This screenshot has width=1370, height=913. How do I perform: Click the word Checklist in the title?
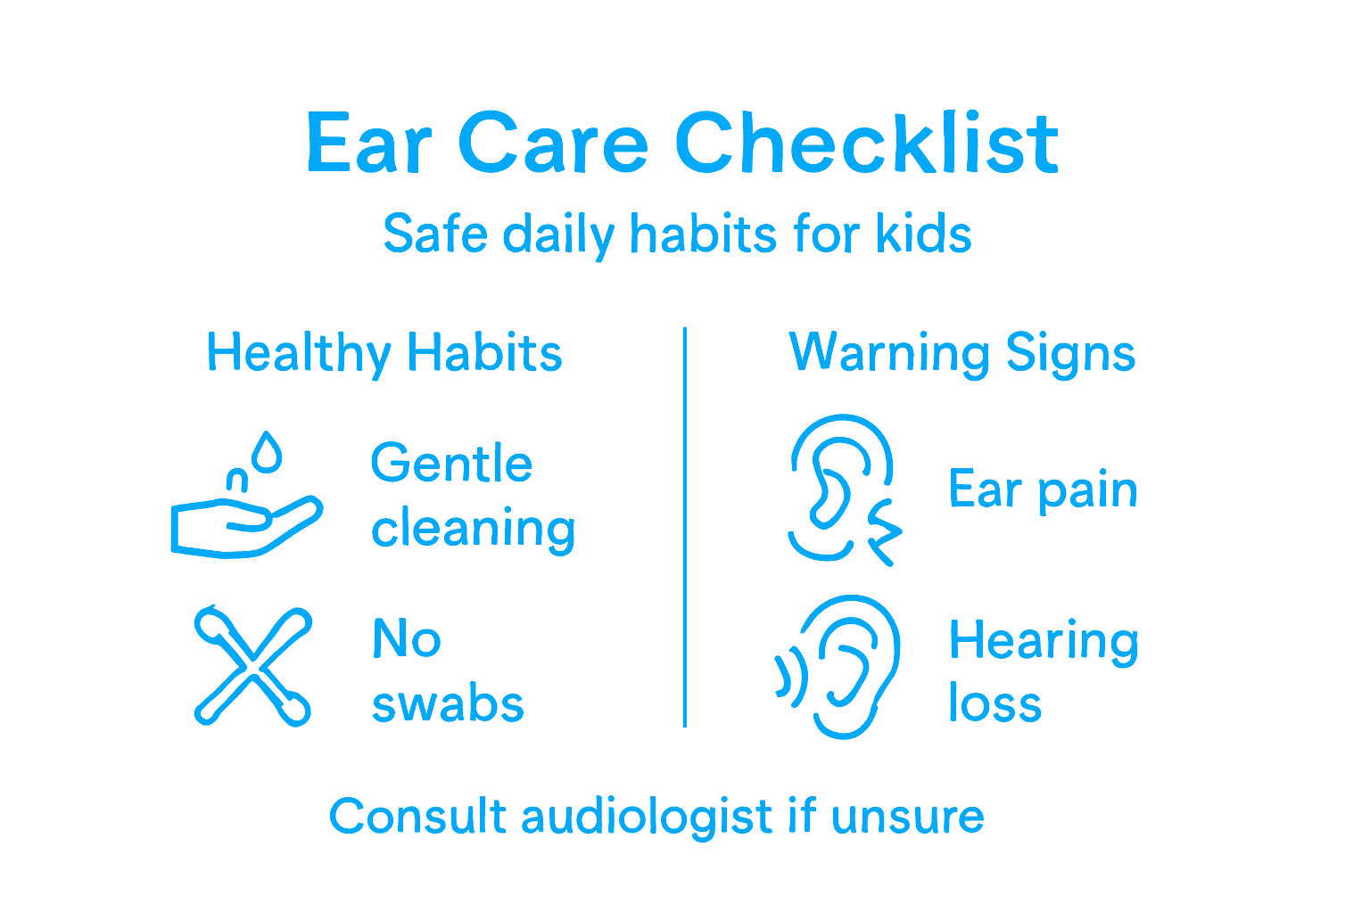(866, 144)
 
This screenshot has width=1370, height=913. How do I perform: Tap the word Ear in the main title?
(368, 144)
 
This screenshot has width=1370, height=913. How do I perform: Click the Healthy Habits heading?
(384, 353)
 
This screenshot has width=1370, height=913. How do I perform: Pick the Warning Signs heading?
(962, 353)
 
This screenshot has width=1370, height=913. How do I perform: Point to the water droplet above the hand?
(267, 453)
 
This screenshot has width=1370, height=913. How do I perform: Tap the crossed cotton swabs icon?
(252, 666)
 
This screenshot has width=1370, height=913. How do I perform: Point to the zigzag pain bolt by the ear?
(884, 532)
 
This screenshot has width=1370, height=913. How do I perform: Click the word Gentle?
(451, 464)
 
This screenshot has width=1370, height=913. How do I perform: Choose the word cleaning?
(473, 530)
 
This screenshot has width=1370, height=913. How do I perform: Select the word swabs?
(448, 704)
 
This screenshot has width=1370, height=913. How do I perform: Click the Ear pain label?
(1043, 490)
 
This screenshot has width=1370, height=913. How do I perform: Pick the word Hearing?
(1044, 642)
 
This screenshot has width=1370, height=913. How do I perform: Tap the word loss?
(994, 704)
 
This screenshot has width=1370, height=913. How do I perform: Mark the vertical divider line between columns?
(685, 526)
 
